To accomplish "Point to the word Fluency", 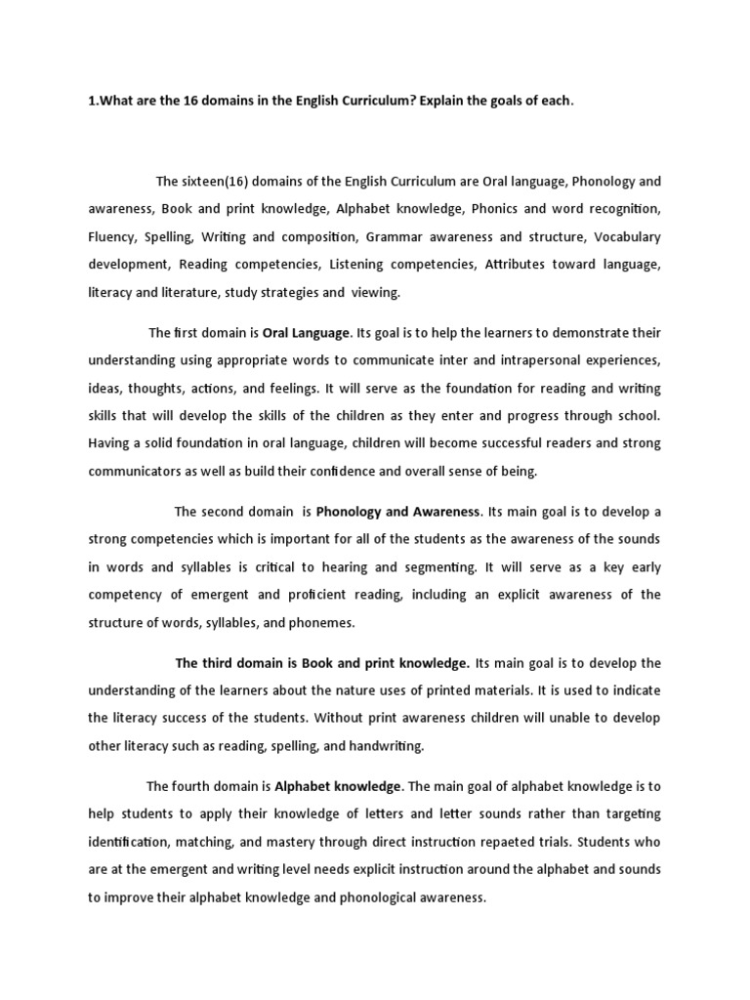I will tap(111, 237).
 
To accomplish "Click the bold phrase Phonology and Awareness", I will tap(398, 512).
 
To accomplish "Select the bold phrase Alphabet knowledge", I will tap(338, 786).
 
